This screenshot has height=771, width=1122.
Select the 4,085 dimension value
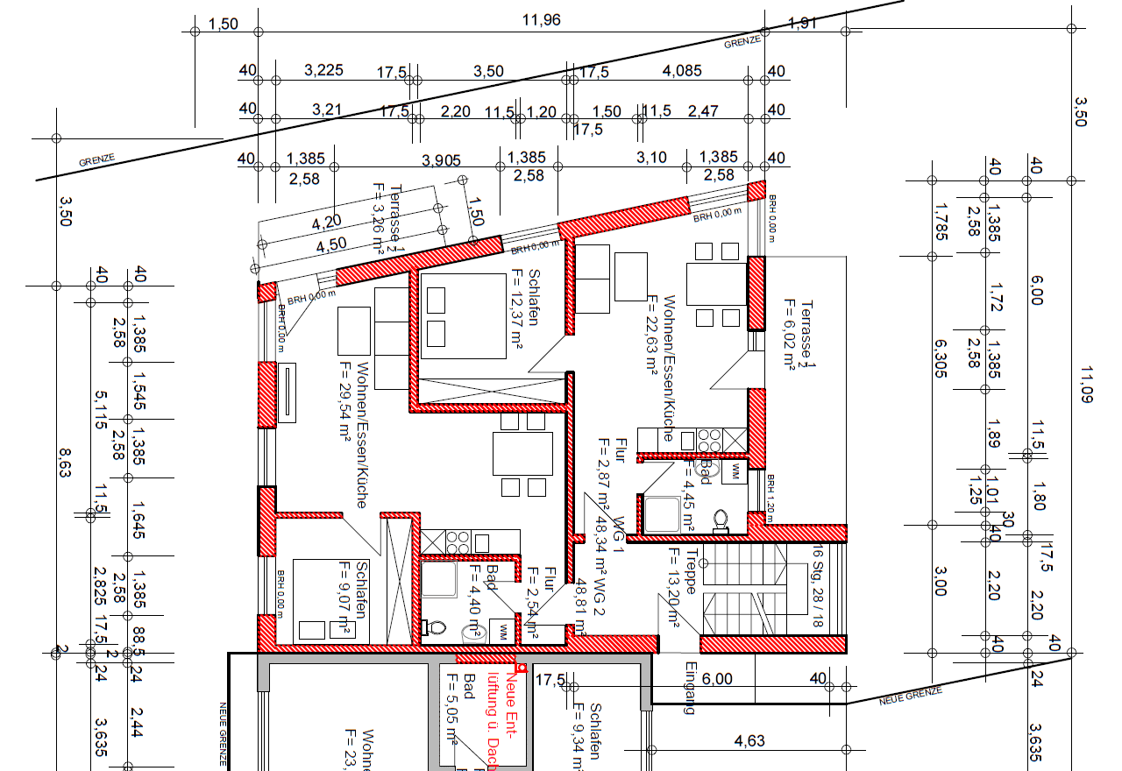point(682,71)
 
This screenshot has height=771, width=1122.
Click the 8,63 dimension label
point(64,463)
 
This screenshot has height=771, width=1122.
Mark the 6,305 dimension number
point(941,358)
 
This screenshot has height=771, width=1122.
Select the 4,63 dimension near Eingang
point(749,741)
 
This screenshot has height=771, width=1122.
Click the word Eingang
point(691,693)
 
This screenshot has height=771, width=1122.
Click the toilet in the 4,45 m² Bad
point(721,520)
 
